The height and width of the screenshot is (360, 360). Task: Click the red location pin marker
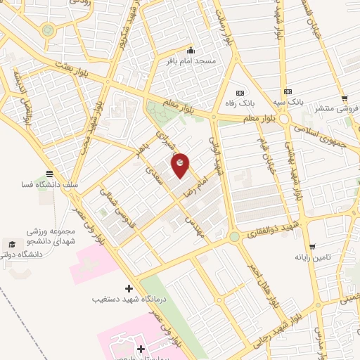coord(181,165)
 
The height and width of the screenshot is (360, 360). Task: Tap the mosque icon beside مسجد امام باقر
coord(191,51)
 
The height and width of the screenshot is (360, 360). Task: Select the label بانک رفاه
coord(240,104)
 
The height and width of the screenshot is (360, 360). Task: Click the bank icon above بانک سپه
coord(287,92)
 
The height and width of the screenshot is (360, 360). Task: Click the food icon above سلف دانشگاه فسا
coord(49,174)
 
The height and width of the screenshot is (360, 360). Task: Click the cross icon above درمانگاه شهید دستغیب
coord(129,288)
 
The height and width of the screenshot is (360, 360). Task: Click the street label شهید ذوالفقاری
coord(270,232)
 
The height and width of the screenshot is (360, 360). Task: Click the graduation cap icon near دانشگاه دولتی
coord(12,243)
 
